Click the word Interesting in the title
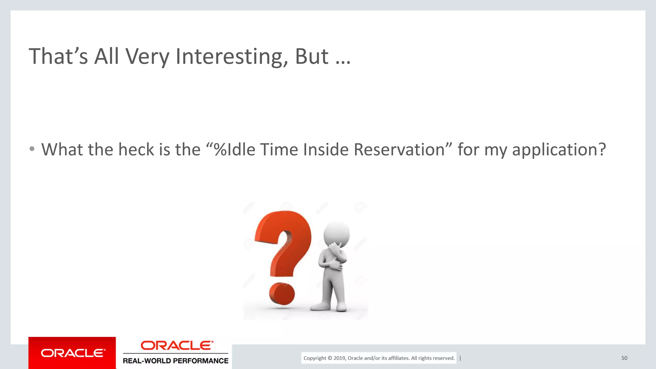[229, 56]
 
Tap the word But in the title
[311, 56]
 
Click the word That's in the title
[58, 56]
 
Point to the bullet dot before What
[32, 149]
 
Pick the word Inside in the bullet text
[325, 150]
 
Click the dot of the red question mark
[282, 293]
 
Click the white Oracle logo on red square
[72, 353]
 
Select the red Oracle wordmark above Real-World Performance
[176, 346]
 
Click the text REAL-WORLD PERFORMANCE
[176, 361]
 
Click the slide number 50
[624, 358]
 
